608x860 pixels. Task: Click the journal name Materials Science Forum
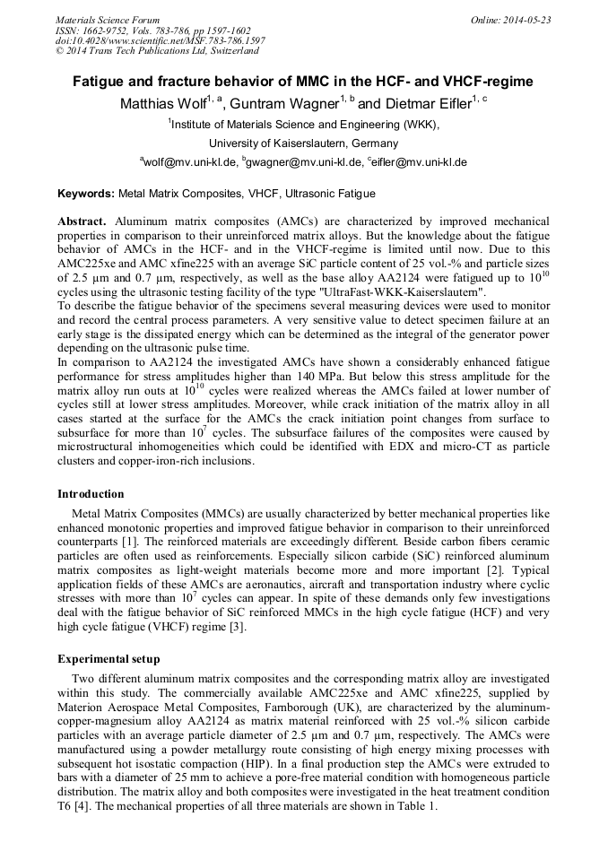[x=108, y=20]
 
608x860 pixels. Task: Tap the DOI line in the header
[x=161, y=40]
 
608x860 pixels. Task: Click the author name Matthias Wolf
[x=162, y=105]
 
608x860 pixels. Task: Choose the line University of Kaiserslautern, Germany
[x=303, y=143]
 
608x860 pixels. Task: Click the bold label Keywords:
[x=86, y=193]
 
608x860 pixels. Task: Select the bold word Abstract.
[x=82, y=221]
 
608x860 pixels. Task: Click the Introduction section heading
[x=91, y=493]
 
